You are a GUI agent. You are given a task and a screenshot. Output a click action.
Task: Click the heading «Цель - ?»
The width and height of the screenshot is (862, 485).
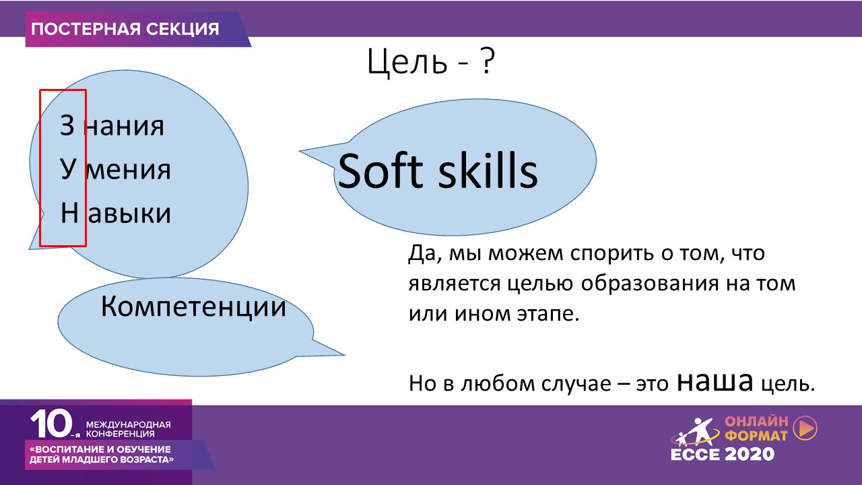pyautogui.click(x=430, y=61)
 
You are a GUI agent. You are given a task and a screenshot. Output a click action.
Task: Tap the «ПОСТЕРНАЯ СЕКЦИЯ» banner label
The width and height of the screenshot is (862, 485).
pyautogui.click(x=125, y=29)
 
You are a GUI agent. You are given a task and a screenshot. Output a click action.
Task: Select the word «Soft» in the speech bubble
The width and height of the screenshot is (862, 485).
pyautogui.click(x=380, y=170)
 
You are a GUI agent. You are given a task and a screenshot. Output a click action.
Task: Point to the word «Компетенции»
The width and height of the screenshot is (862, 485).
pyautogui.click(x=193, y=306)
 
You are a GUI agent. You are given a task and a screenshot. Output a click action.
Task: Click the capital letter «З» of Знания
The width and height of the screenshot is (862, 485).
pyautogui.click(x=67, y=125)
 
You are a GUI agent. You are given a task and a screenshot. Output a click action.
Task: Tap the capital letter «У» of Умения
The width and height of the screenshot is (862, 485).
pyautogui.click(x=68, y=169)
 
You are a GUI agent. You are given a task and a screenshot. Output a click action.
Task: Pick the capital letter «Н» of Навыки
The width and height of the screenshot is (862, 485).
pyautogui.click(x=69, y=212)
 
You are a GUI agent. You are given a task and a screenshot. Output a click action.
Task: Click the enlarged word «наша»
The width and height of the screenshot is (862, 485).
pyautogui.click(x=715, y=382)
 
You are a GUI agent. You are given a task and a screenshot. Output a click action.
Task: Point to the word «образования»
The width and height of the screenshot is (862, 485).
pyautogui.click(x=650, y=284)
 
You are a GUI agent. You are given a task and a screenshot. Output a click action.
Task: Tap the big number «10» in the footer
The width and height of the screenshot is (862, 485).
pyautogui.click(x=52, y=424)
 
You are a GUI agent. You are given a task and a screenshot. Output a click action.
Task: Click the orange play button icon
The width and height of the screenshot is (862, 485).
pyautogui.click(x=805, y=427)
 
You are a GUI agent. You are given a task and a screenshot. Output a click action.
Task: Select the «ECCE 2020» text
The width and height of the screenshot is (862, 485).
pyautogui.click(x=723, y=454)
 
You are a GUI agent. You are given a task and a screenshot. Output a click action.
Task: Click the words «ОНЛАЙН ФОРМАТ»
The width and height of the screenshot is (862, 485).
pyautogui.click(x=756, y=428)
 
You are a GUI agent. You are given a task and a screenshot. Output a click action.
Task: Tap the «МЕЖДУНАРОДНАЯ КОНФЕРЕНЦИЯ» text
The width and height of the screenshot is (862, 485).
pyautogui.click(x=128, y=429)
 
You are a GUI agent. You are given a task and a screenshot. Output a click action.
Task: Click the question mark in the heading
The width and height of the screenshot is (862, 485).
pyautogui.click(x=487, y=61)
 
